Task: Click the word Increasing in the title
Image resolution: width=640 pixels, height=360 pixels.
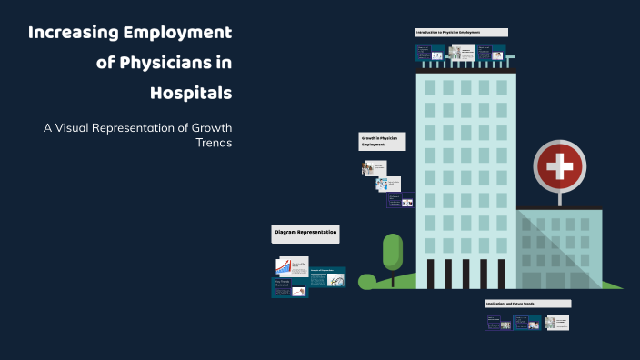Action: click(74, 34)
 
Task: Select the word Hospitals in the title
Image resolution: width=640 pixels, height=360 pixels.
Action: click(191, 93)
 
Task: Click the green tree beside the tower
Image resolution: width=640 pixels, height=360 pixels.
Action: click(393, 255)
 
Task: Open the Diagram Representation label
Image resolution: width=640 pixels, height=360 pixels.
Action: click(305, 234)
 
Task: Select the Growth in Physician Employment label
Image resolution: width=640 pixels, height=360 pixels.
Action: click(381, 141)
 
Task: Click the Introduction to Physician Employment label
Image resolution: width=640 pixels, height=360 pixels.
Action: click(461, 32)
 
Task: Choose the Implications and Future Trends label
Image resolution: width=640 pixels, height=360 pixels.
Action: click(527, 304)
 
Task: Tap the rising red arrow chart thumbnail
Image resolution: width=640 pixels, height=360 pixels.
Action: click(291, 266)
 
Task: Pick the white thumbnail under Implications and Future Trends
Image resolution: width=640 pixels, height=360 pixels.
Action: click(556, 323)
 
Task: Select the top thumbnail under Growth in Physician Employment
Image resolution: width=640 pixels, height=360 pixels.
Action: click(374, 168)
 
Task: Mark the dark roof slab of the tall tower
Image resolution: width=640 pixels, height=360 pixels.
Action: click(465, 69)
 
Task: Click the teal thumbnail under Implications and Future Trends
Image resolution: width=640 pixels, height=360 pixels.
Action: click(526, 323)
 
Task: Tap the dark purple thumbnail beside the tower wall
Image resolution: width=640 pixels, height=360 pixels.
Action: click(401, 200)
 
